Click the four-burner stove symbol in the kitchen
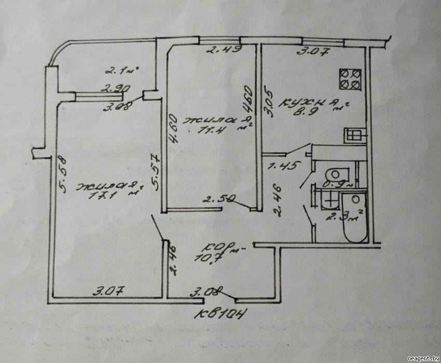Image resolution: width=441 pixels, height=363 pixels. click(x=350, y=79)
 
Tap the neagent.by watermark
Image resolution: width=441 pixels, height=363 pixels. click(x=422, y=358)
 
